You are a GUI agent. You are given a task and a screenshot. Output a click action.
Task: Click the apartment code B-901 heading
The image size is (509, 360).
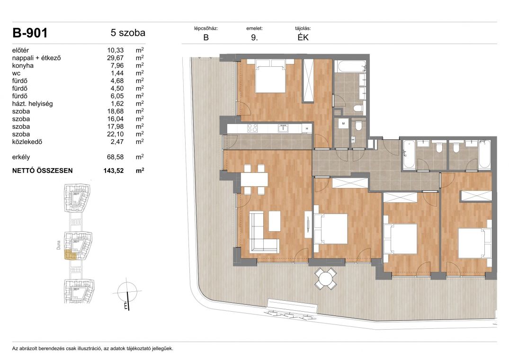click(x=30, y=33)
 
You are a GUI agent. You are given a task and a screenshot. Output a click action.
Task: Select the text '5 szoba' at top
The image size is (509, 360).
click(x=128, y=33)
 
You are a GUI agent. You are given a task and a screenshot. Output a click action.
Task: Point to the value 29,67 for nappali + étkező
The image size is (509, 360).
click(x=115, y=58)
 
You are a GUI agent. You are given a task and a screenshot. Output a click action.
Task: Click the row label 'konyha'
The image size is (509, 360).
click(x=23, y=65)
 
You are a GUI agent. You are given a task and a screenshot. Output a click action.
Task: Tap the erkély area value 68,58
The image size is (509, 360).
click(x=115, y=157)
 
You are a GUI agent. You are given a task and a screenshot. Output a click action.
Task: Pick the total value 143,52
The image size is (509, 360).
click(x=114, y=171)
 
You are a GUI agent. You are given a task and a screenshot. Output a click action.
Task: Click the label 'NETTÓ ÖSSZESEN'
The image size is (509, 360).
click(x=43, y=171)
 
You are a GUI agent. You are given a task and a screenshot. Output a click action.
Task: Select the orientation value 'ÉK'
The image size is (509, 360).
click(x=303, y=37)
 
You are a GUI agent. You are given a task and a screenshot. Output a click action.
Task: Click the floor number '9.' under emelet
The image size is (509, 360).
click(x=254, y=37)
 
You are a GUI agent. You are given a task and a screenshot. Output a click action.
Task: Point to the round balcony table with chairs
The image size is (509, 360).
click(x=325, y=279)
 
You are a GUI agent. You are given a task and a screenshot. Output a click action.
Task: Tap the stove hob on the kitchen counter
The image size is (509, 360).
click(x=252, y=128)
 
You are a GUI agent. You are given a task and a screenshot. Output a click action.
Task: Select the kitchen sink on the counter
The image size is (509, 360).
click(x=283, y=128)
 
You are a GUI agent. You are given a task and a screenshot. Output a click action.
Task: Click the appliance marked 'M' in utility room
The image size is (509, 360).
click(x=343, y=124)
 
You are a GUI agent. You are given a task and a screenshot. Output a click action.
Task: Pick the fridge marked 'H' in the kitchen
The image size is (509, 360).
click(x=307, y=128)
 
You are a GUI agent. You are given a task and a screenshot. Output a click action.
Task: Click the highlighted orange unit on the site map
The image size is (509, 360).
click(x=71, y=255)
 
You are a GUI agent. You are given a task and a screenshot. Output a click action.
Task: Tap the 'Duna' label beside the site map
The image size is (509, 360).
click(x=58, y=245)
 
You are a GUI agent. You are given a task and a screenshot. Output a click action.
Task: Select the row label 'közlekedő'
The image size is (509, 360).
click(x=27, y=142)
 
